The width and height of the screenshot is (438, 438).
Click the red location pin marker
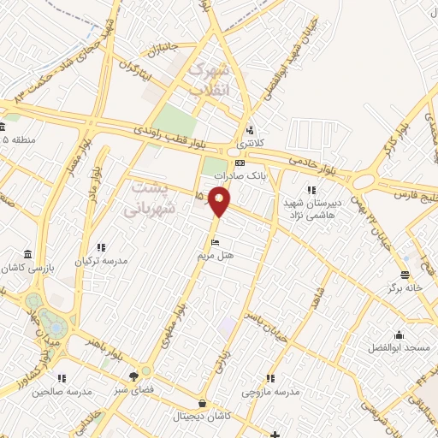(220, 200)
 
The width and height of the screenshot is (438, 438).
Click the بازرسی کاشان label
(30, 267)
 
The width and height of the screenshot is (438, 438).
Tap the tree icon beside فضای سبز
(133, 376)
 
